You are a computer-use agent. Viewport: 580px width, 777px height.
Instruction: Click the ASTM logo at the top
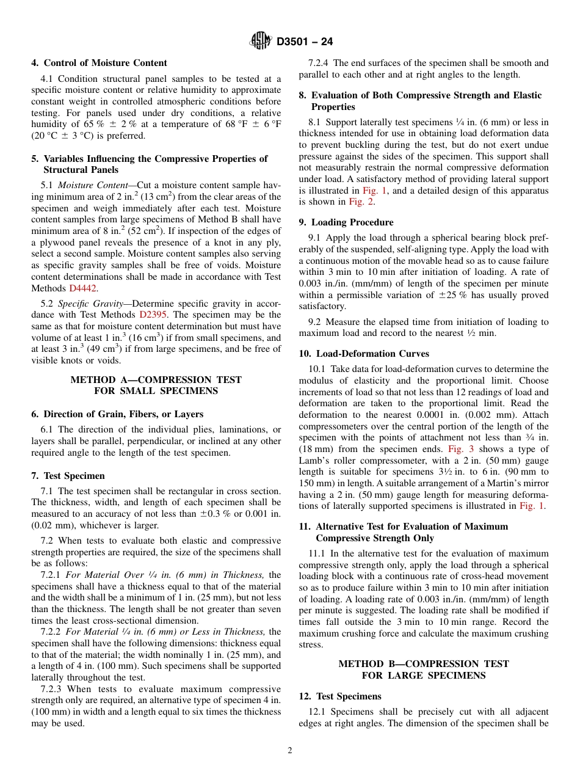coord(261,42)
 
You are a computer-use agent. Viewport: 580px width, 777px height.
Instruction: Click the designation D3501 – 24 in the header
coord(305,42)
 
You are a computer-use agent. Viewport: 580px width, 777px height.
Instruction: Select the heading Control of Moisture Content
coord(105,63)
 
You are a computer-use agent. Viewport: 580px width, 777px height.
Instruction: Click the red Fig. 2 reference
coord(360,202)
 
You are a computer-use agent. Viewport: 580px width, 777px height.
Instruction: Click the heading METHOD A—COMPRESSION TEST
coord(156,380)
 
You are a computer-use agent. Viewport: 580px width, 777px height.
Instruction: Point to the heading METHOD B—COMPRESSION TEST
coord(424,664)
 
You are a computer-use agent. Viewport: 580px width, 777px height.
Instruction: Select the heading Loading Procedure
coord(352,222)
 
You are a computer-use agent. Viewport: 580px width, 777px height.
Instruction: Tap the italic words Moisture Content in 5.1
coord(94,185)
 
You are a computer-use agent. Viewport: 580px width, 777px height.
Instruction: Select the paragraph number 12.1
coord(317,712)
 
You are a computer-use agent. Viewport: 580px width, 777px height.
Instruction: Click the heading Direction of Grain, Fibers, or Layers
coord(123,414)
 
